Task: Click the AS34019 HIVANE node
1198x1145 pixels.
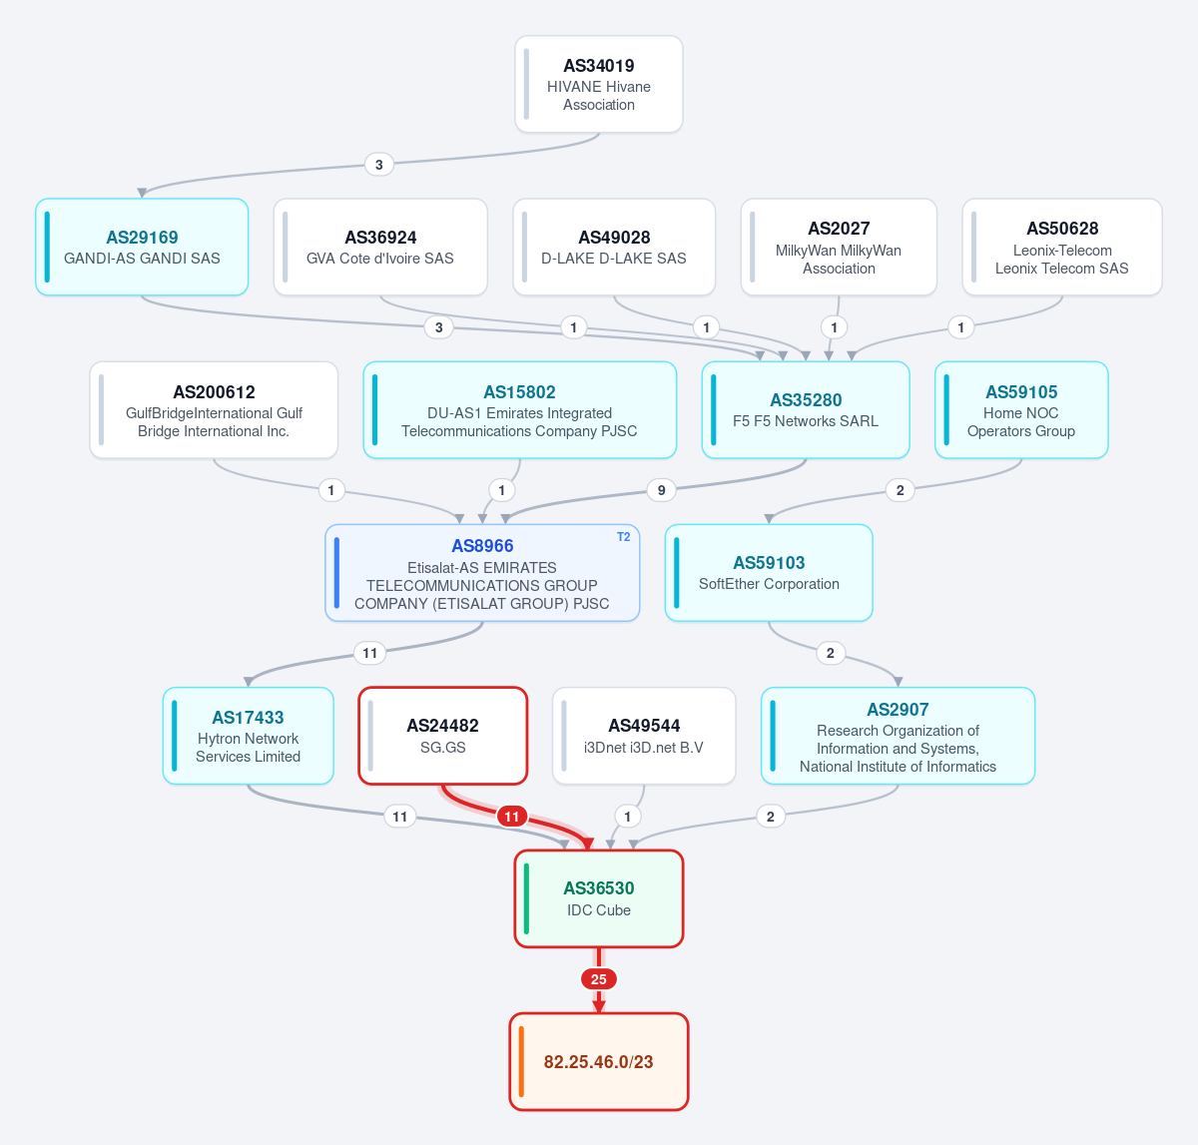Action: coord(598,84)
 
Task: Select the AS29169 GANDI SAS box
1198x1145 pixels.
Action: coord(142,247)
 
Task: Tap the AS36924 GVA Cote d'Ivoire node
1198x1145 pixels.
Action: coord(380,247)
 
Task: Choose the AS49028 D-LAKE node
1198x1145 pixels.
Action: coord(614,247)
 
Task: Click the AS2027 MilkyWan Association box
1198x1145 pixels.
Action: coord(839,247)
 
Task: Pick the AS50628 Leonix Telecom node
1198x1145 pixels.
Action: coord(1062,247)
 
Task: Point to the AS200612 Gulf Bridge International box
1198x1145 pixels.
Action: coord(214,410)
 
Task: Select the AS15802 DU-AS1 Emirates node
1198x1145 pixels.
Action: coord(519,410)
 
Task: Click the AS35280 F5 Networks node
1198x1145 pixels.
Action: coord(806,410)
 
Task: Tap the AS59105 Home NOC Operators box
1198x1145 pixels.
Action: coord(1021,410)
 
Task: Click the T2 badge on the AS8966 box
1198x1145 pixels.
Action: coord(624,537)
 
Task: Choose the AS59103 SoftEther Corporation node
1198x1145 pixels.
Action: coord(769,573)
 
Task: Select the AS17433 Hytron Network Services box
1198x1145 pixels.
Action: coord(249,736)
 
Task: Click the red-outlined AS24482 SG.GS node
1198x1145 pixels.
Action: coord(442,736)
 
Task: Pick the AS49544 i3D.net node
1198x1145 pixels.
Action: coord(644,736)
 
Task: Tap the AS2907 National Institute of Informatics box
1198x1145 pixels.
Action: coord(898,736)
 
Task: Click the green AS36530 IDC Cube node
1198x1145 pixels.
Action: coord(598,898)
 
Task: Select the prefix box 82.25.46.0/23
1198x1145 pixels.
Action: coord(598,1062)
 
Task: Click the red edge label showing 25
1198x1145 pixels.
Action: coord(598,979)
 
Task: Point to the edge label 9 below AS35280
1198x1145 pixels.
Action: coord(661,490)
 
